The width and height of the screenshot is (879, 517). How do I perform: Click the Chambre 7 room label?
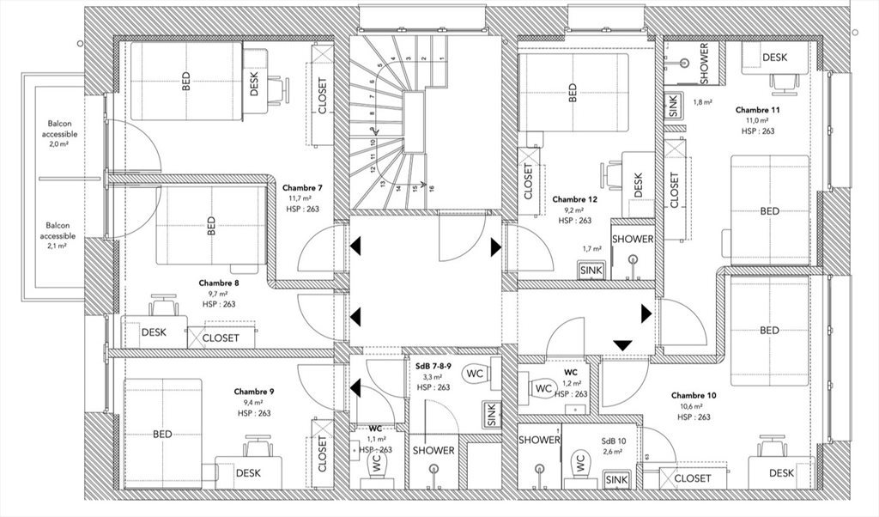click(302, 188)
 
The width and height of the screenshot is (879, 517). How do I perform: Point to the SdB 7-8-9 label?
click(433, 366)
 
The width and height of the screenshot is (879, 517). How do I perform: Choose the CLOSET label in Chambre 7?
click(322, 96)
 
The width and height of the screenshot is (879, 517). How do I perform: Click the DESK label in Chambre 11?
click(774, 58)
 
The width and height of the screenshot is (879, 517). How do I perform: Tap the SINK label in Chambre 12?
click(591, 270)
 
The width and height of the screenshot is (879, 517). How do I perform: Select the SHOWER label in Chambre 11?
click(704, 63)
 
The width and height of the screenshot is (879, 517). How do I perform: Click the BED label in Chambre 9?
click(162, 434)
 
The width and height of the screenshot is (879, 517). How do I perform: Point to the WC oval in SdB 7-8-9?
click(474, 374)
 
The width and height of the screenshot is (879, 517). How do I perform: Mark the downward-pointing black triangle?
click(622, 344)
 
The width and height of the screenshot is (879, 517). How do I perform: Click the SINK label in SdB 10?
click(616, 479)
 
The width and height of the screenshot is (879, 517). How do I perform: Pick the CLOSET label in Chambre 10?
click(692, 478)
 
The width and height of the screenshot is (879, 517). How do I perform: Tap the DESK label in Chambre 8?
click(154, 332)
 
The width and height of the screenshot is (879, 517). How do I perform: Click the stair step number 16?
click(431, 189)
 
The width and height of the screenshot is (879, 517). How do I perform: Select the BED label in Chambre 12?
click(573, 93)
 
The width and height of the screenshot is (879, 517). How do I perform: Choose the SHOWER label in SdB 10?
click(539, 440)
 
